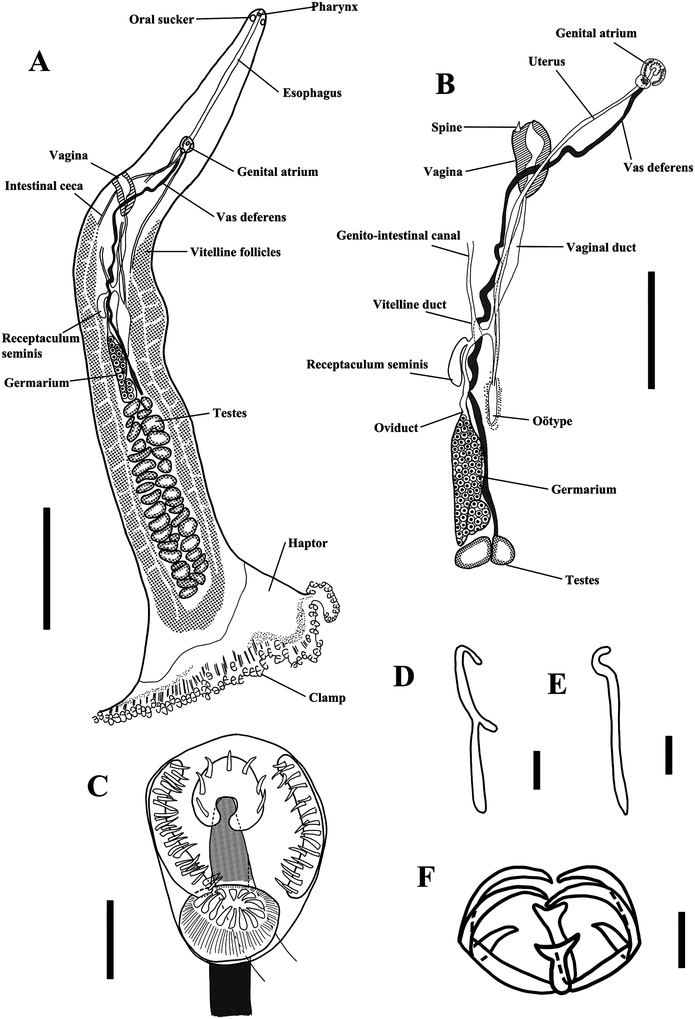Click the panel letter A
(x=39, y=62)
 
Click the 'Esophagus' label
(x=312, y=93)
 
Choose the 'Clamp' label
(x=327, y=698)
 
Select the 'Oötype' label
(x=552, y=422)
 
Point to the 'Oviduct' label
(x=396, y=427)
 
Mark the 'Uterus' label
(x=547, y=61)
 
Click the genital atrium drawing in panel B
(x=650, y=72)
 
